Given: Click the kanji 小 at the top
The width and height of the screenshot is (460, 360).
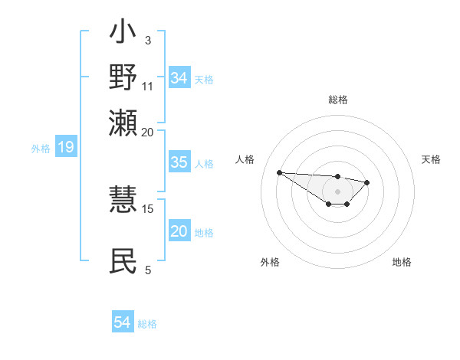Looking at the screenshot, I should pyautogui.click(x=123, y=35).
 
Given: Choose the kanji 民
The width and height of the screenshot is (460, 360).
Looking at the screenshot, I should pyautogui.click(x=123, y=261).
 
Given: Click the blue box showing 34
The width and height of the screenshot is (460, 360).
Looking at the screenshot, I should pyautogui.click(x=179, y=78).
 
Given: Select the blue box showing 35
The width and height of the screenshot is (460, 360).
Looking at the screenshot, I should pyautogui.click(x=179, y=162).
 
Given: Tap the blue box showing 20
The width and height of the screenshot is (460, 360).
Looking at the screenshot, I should pyautogui.click(x=179, y=232).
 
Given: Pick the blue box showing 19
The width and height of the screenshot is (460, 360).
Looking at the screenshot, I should pyautogui.click(x=65, y=147).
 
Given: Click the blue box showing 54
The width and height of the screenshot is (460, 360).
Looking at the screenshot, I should pyautogui.click(x=122, y=323).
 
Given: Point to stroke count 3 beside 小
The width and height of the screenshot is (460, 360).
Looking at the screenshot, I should pyautogui.click(x=147, y=39).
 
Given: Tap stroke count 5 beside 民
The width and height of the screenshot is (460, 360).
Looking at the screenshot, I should pyautogui.click(x=147, y=269).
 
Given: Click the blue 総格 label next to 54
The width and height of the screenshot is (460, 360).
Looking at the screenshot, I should pyautogui.click(x=147, y=324).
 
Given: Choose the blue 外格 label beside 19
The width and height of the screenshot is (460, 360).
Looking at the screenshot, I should pyautogui.click(x=41, y=148).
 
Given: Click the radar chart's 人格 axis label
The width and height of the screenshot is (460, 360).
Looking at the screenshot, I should pyautogui.click(x=245, y=159).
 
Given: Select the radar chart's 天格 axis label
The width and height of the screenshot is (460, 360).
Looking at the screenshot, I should pyautogui.click(x=431, y=159).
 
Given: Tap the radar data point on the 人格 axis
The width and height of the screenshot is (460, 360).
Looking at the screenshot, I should pyautogui.click(x=279, y=172).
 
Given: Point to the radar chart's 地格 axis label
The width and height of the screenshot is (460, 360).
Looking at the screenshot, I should pyautogui.click(x=402, y=262).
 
